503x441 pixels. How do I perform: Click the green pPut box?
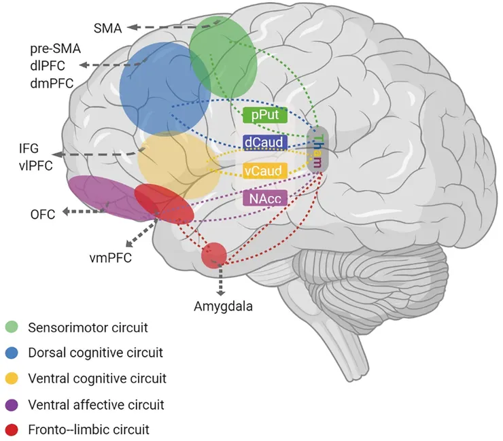(265, 116)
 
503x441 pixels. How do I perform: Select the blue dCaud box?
(265, 142)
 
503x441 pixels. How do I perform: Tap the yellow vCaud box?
(265, 169)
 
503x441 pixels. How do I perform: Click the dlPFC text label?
(50, 66)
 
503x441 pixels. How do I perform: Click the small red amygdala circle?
(213, 254)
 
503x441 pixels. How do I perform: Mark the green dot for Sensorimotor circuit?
(12, 328)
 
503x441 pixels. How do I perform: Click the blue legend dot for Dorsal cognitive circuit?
(12, 353)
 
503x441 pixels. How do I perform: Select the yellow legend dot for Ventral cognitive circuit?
(12, 378)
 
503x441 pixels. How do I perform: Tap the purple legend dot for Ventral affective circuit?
(12, 404)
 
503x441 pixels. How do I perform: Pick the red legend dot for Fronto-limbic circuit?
(12, 429)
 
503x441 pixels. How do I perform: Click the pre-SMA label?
(54, 49)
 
